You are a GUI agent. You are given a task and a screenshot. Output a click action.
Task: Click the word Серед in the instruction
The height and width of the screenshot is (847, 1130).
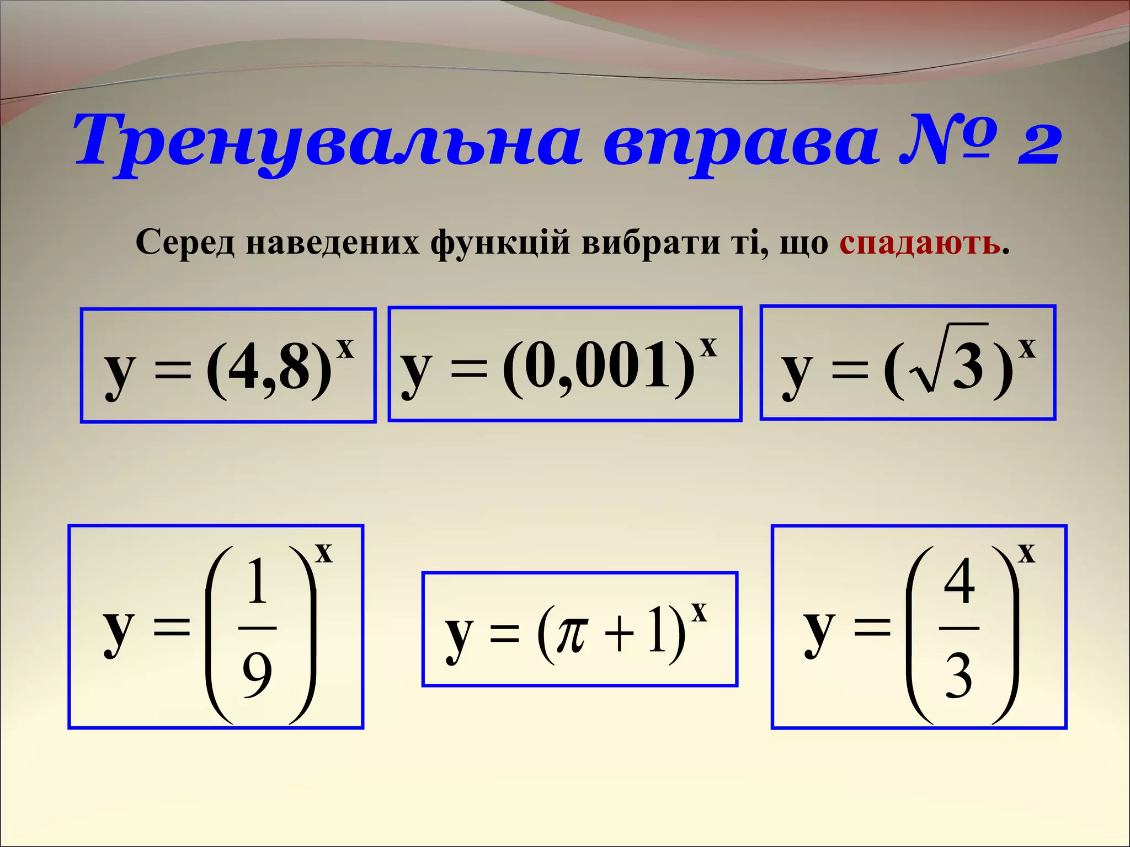(x=185, y=243)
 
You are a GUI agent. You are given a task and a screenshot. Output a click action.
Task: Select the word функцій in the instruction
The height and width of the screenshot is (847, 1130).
(x=500, y=243)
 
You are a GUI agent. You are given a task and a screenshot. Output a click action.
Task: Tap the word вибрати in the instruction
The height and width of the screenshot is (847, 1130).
(x=651, y=243)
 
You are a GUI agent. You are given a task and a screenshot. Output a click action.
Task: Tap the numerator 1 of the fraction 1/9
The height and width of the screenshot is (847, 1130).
(x=258, y=582)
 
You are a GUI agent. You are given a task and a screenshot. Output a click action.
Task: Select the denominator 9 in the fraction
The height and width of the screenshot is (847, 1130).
(x=258, y=674)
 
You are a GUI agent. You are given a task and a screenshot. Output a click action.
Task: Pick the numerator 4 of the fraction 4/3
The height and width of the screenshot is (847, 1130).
(x=959, y=582)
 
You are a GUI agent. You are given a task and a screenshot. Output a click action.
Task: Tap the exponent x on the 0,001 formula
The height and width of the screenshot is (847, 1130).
(x=708, y=347)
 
